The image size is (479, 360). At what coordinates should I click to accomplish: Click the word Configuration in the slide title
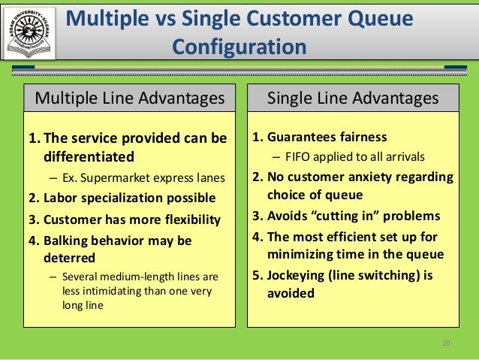pyautogui.click(x=239, y=47)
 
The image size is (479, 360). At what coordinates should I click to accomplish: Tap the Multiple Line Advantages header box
pyautogui.click(x=130, y=98)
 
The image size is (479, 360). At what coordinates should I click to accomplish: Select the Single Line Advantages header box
pyautogui.click(x=353, y=98)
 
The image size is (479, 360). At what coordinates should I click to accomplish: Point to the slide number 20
pyautogui.click(x=446, y=343)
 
